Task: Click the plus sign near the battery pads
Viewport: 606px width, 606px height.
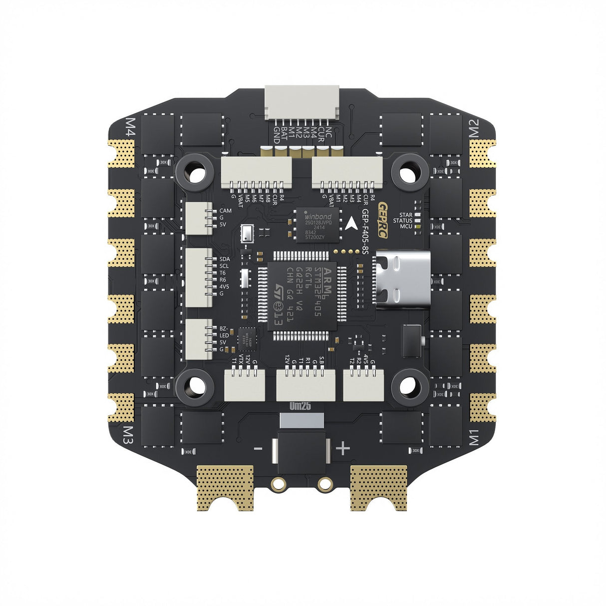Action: (x=343, y=449)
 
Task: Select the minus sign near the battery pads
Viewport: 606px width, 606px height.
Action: (x=258, y=449)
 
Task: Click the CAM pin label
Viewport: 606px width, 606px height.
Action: (x=226, y=211)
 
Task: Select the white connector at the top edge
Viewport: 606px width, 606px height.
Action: (x=302, y=103)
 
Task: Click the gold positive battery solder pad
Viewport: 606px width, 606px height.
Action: (x=378, y=488)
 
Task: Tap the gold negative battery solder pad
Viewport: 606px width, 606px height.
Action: (x=225, y=488)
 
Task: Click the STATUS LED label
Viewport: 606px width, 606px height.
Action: (x=402, y=221)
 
